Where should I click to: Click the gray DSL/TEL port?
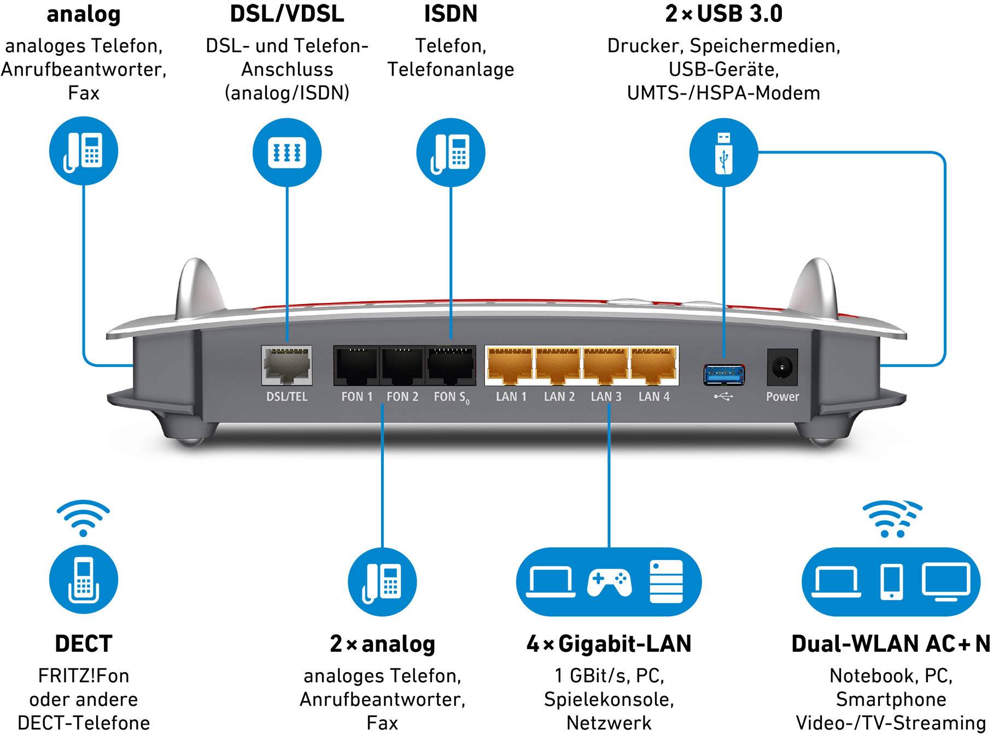click(x=287, y=365)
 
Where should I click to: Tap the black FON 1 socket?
click(x=356, y=365)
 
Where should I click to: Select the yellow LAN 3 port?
click(x=605, y=365)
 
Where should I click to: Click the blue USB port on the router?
click(x=724, y=375)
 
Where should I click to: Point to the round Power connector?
click(x=782, y=367)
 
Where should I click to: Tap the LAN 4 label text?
click(x=653, y=396)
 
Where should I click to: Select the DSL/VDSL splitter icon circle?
click(x=287, y=152)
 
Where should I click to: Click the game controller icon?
click(x=609, y=582)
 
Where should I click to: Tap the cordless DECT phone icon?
click(x=83, y=581)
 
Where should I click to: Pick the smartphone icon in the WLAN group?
click(x=891, y=582)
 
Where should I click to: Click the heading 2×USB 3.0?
click(x=723, y=14)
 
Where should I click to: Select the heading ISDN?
click(x=451, y=14)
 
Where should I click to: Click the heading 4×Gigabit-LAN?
click(x=609, y=644)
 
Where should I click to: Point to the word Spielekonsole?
click(x=609, y=699)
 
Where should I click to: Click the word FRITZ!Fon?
click(x=83, y=676)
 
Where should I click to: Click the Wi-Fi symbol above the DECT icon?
click(x=83, y=517)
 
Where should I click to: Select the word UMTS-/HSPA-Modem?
click(x=723, y=93)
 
